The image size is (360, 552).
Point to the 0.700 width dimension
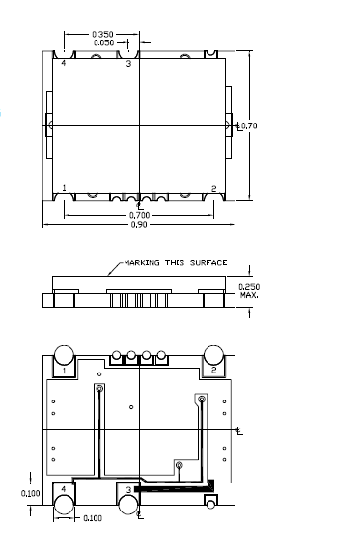pos(139,215)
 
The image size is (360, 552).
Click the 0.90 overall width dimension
pos(139,225)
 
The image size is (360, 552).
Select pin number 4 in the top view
pos(64,63)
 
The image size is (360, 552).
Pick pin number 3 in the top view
pos(128,63)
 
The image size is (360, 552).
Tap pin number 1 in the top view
pos(64,188)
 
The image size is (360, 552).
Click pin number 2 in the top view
pos(212,188)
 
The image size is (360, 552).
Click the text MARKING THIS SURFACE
pos(176,262)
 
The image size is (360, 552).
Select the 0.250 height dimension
pos(249,287)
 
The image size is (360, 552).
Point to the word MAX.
pos(249,295)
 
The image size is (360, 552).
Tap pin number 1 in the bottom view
pos(64,370)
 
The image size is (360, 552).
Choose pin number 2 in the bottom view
pos(213,370)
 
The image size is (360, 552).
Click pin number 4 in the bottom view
pos(64,490)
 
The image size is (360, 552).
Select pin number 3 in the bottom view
pos(127,490)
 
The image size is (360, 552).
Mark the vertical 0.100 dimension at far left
pos(31,492)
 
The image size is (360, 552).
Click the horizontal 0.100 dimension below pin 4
pos(92,519)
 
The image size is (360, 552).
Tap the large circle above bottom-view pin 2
pos(213,354)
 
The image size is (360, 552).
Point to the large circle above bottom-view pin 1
pos(64,354)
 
